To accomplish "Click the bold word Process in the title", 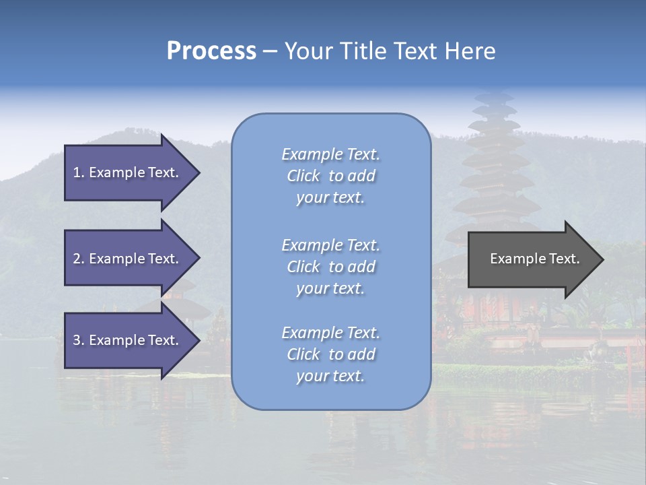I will tap(211, 51).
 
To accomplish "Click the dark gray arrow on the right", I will tap(532, 259).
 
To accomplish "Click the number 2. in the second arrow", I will tap(79, 259).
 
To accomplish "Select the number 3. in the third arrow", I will tap(79, 340).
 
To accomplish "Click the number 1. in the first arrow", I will tap(78, 172).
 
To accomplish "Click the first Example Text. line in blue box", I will tap(330, 154).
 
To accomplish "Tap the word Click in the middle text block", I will tap(303, 267).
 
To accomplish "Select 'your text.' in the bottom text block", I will tap(330, 376).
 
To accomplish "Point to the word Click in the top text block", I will tap(303, 176).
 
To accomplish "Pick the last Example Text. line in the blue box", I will tap(330, 333).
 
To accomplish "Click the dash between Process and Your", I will tap(270, 52).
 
